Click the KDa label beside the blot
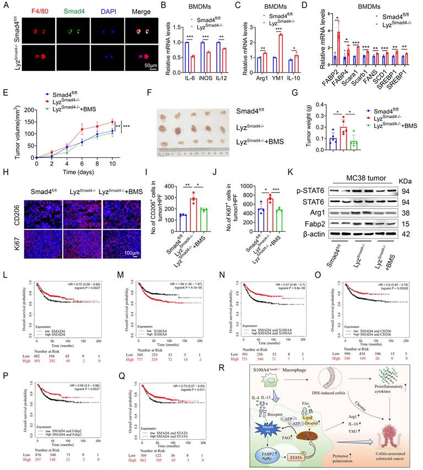click(404, 179)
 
